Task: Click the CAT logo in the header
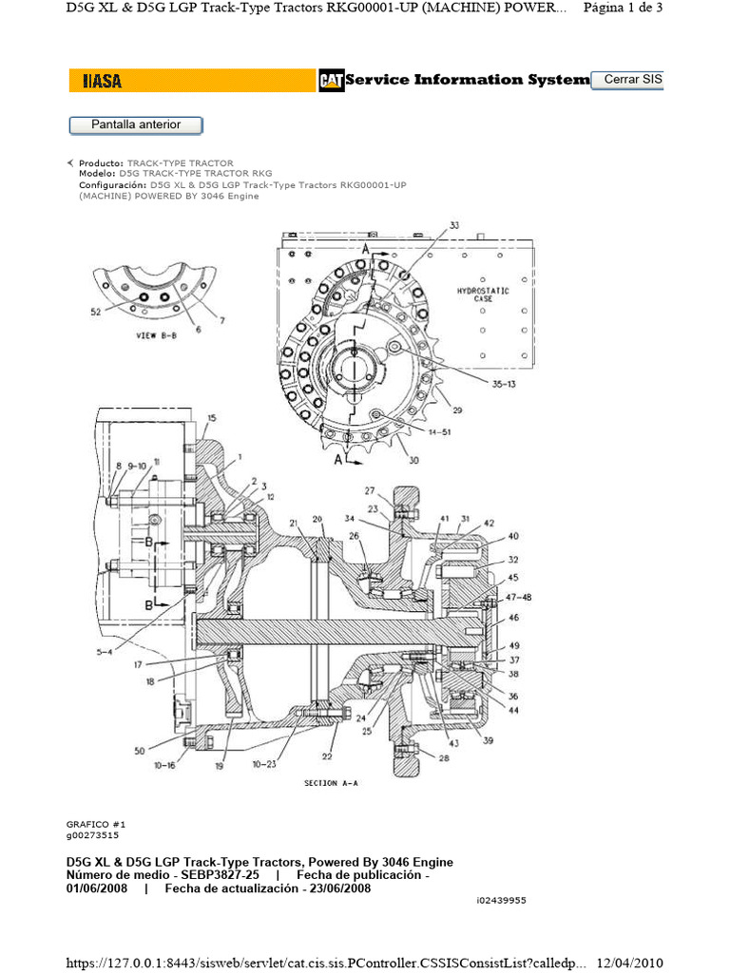(x=331, y=82)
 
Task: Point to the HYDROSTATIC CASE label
(x=484, y=293)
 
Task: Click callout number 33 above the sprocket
(x=453, y=225)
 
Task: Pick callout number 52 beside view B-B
(x=96, y=312)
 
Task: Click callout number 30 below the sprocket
(x=413, y=460)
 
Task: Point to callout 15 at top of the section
(x=211, y=418)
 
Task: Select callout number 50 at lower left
(x=140, y=751)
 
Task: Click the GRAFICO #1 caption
(x=95, y=824)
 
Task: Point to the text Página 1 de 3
(x=622, y=9)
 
